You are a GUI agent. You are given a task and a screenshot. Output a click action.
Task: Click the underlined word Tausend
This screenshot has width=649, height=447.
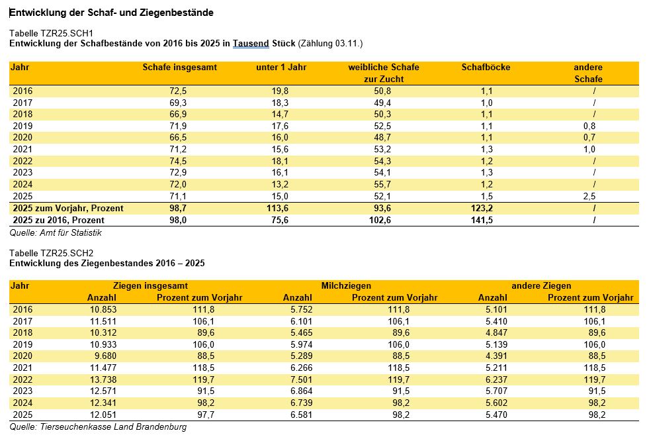click(251, 44)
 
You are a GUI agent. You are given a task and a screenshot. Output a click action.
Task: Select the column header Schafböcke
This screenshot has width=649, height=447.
click(486, 67)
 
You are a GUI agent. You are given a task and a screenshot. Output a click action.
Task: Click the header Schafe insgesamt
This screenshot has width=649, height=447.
click(180, 67)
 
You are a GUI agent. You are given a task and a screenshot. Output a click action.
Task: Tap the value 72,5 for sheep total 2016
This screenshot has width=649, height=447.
click(178, 91)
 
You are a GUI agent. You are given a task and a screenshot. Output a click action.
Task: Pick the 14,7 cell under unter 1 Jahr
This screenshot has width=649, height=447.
click(280, 115)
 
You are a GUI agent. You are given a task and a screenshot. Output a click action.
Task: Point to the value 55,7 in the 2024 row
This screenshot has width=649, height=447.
click(382, 184)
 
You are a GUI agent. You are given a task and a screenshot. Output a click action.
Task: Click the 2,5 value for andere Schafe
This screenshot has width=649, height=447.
click(589, 197)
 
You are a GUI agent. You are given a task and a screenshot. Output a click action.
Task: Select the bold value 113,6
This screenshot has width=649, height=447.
click(277, 209)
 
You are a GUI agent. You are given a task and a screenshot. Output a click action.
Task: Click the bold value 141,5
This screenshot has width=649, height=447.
click(482, 221)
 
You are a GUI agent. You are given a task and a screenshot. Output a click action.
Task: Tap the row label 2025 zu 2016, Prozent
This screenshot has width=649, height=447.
click(58, 221)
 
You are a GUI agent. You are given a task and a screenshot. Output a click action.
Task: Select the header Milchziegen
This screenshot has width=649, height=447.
click(346, 286)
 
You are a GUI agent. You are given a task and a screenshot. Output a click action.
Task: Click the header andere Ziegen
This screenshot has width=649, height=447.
click(541, 286)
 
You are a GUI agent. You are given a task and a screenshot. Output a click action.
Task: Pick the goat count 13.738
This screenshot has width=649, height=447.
click(103, 379)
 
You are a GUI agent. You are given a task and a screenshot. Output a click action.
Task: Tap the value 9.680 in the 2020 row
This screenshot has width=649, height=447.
click(106, 356)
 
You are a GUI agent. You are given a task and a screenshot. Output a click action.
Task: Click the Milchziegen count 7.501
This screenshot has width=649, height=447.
click(301, 379)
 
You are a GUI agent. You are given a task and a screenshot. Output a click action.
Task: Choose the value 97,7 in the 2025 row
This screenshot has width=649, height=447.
click(206, 415)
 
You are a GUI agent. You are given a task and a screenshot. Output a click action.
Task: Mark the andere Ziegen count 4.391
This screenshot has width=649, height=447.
click(496, 356)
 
